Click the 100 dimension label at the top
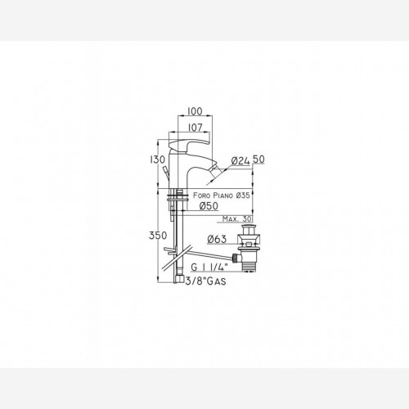(196, 111)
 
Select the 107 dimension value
(196, 128)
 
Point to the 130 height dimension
(157, 160)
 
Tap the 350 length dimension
(158, 235)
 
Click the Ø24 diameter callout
(240, 160)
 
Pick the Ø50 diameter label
(209, 205)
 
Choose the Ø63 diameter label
(217, 239)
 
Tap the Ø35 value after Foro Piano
(243, 196)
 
